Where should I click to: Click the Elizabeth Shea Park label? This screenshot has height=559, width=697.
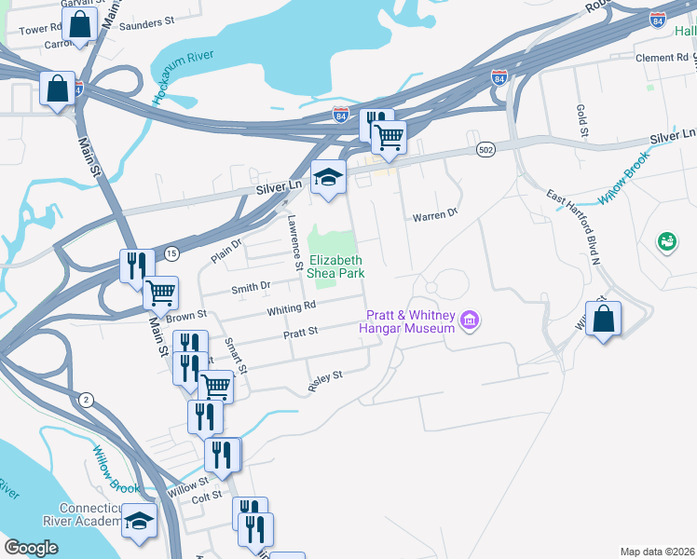pyautogui.click(x=336, y=266)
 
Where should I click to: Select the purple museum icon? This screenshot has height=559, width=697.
pyautogui.click(x=470, y=322)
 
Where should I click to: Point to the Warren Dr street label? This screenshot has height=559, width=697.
pyautogui.click(x=436, y=214)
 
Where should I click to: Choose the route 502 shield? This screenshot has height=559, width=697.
pyautogui.click(x=486, y=149)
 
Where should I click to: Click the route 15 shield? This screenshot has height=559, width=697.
pyautogui.click(x=171, y=253)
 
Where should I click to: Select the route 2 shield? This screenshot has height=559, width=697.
pyautogui.click(x=87, y=399)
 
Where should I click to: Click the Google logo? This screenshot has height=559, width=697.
pyautogui.click(x=31, y=548)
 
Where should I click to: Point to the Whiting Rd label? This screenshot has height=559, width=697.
pyautogui.click(x=293, y=308)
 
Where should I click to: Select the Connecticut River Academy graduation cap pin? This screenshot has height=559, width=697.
pyautogui.click(x=140, y=522)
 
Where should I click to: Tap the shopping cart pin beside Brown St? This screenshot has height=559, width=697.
pyautogui.click(x=161, y=293)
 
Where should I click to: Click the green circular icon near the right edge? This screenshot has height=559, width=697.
pyautogui.click(x=667, y=242)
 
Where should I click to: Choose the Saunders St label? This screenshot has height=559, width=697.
pyautogui.click(x=149, y=20)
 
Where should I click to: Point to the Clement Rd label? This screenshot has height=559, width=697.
pyautogui.click(x=661, y=58)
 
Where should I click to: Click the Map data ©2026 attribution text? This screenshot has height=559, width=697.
pyautogui.click(x=657, y=552)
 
